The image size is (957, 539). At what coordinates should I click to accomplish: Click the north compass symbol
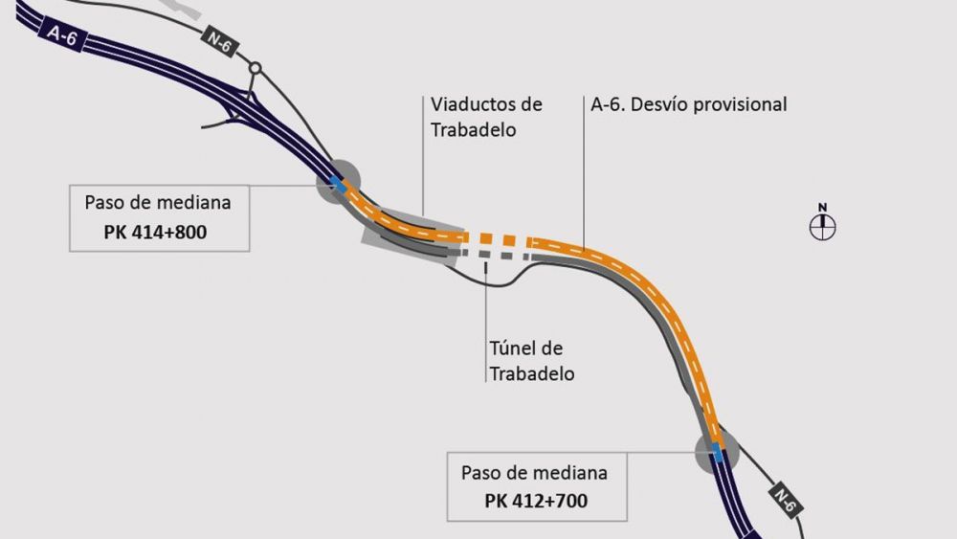(822, 227)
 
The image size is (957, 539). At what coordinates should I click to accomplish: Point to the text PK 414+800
(159, 231)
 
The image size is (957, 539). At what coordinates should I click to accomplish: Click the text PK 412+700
(536, 501)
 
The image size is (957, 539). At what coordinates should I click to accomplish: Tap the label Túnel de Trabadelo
(532, 361)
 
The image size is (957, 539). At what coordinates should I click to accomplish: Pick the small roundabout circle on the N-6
(255, 68)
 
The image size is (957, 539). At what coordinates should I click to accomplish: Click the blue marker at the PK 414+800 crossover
(335, 182)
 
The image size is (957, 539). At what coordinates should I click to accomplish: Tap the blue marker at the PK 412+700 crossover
(716, 450)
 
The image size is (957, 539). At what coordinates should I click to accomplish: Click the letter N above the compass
(821, 207)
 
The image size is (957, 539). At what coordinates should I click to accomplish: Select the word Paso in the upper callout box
(105, 203)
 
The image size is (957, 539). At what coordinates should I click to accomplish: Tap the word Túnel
(514, 348)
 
